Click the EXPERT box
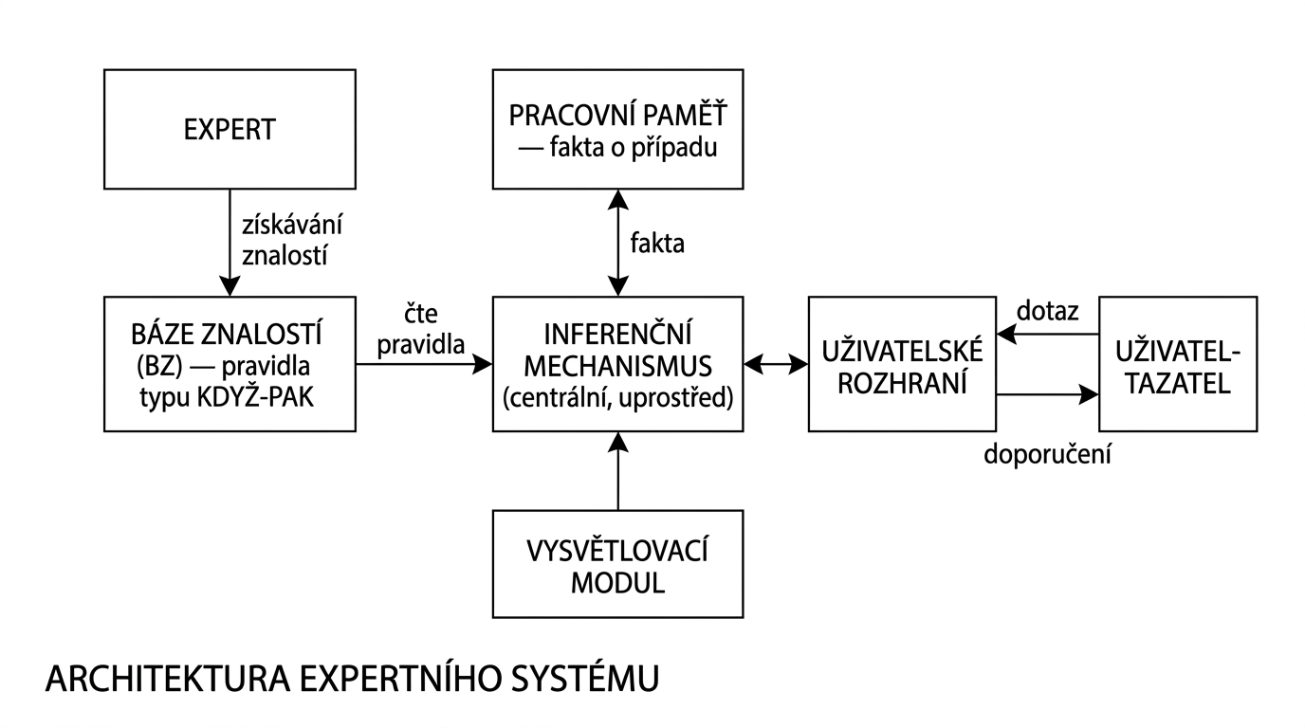(x=230, y=129)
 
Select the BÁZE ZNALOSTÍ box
(x=230, y=364)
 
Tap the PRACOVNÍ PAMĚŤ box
(x=617, y=129)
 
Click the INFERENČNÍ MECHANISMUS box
(x=617, y=364)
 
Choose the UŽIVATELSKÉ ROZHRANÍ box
(x=902, y=364)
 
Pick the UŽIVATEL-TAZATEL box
(x=1177, y=364)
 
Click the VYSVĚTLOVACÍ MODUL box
(x=617, y=564)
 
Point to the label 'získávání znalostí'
(x=291, y=242)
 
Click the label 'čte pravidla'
(x=420, y=329)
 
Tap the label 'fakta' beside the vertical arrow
(x=656, y=244)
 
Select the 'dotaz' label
(x=1047, y=311)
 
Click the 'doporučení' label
(x=1047, y=454)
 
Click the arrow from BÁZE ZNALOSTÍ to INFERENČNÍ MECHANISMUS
(x=424, y=363)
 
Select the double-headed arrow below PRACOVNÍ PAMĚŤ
(x=617, y=242)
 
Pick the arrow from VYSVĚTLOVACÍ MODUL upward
(x=617, y=471)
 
